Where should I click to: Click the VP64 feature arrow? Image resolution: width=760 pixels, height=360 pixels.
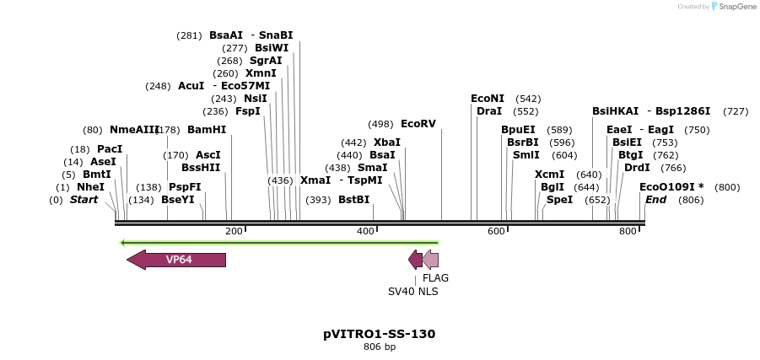point(177,260)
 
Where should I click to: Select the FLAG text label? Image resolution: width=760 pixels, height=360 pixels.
point(435,277)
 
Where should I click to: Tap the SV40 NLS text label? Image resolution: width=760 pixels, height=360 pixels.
point(412,292)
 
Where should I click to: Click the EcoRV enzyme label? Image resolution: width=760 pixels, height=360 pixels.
point(418,124)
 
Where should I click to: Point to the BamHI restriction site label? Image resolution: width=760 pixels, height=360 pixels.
point(207,130)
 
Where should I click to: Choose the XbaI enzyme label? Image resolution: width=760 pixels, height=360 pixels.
point(387,142)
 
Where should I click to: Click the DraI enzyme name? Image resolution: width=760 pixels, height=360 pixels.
point(489,111)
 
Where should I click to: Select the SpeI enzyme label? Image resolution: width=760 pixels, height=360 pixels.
point(559,200)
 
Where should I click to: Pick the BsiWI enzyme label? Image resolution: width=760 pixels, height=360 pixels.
point(272,48)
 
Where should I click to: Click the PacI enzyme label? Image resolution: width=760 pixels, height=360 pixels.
point(110,149)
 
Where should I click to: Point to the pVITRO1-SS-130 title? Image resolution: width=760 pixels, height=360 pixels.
point(380,334)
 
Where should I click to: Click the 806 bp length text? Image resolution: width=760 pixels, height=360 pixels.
point(380,347)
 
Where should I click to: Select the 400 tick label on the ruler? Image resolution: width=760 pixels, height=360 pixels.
point(365,231)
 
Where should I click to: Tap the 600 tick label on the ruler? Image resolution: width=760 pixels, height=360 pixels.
point(496,231)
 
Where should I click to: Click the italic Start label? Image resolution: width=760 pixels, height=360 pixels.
point(84,200)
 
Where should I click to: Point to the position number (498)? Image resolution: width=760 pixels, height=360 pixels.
point(380,124)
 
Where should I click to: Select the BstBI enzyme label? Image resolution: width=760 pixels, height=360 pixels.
point(353,200)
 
